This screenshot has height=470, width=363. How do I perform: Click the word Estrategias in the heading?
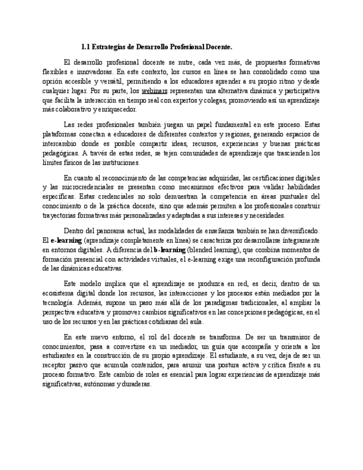coord(108,47)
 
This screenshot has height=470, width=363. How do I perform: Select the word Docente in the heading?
coord(217,47)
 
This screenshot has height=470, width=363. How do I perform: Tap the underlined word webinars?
coord(155,90)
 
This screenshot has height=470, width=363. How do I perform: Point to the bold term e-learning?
coord(66,241)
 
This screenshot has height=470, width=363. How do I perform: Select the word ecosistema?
coord(59,293)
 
